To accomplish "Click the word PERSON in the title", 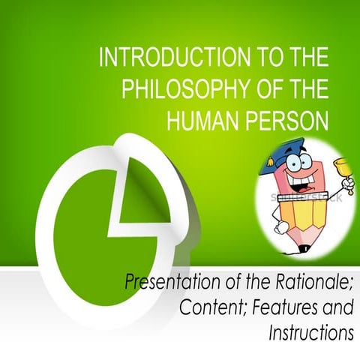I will click(286, 119).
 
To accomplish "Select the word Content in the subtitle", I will click(208, 307).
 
